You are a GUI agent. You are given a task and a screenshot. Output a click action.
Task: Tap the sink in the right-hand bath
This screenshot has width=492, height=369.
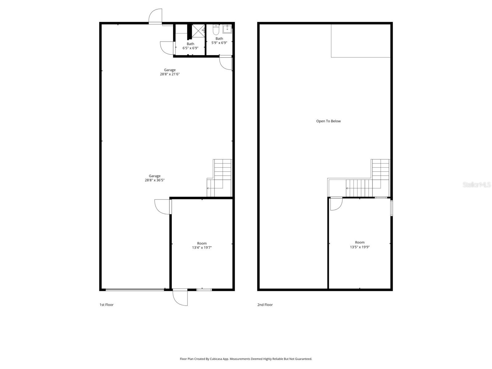point(227,30)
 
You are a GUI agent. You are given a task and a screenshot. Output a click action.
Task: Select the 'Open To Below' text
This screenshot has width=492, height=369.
point(328,121)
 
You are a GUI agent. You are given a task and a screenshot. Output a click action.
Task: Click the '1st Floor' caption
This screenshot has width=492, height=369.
point(106,305)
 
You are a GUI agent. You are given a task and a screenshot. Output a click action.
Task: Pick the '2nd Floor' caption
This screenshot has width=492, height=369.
point(265,305)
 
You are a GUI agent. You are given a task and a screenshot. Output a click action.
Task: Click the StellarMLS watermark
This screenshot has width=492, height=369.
point(476,184)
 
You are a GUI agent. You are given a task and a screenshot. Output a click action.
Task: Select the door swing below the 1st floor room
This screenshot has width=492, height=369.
point(180,298)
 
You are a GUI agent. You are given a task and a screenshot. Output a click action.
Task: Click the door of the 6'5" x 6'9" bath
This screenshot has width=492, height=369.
point(167,48)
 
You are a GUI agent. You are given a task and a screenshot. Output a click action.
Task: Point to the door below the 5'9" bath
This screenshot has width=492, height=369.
point(225,63)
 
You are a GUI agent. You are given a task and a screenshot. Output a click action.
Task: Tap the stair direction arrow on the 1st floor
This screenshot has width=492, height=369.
point(209,188)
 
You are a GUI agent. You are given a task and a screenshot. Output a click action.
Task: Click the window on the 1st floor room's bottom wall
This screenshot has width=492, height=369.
point(204,289)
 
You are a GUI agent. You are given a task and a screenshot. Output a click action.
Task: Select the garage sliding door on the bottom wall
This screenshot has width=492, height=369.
point(135,289)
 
